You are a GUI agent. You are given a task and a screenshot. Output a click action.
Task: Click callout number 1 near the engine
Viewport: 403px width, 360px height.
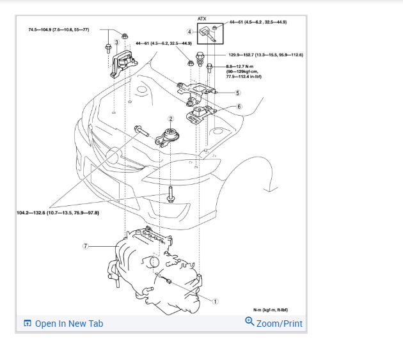pyautogui.click(x=216, y=301)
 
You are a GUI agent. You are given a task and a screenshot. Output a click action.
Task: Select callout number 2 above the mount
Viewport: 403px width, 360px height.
pyautogui.click(x=171, y=119)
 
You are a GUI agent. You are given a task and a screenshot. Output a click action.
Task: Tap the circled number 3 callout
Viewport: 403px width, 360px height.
pyautogui.click(x=116, y=42)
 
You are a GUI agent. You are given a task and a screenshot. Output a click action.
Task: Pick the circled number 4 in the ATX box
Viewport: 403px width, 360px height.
pyautogui.click(x=189, y=31)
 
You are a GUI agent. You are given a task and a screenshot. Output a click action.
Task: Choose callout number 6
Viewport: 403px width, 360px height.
pyautogui.click(x=239, y=107)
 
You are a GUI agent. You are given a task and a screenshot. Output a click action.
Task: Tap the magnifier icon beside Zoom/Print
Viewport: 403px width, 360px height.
pyautogui.click(x=249, y=322)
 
